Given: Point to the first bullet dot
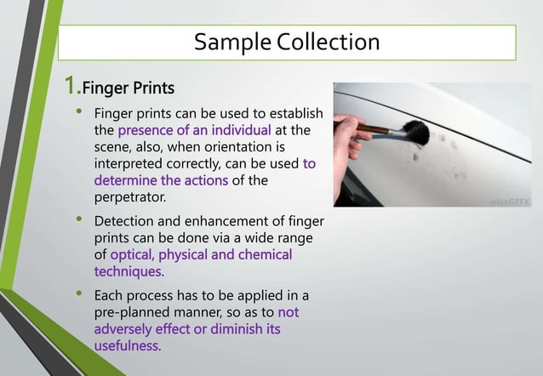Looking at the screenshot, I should point(79,112).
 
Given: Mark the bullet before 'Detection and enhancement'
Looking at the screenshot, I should point(79,221).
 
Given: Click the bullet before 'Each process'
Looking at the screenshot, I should point(79,294).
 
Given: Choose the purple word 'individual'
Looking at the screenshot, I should point(239,130).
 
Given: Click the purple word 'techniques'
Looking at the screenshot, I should point(127,271).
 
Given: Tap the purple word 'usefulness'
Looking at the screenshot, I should point(127,345).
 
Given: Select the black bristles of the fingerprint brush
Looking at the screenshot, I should point(415,133).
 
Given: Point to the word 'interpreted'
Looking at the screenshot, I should point(132,162).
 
